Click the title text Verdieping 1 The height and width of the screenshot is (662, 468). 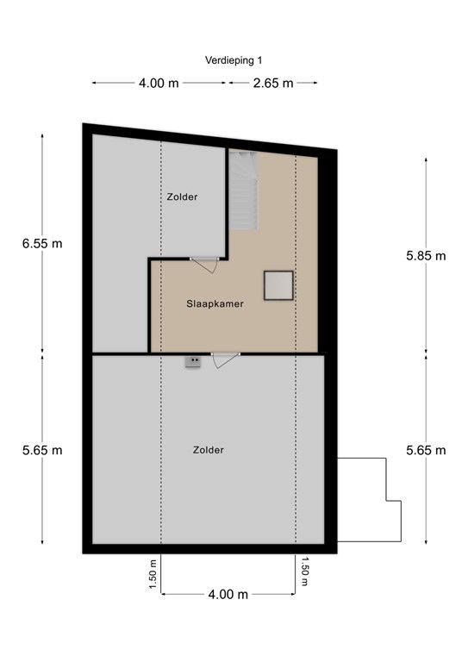point(234,60)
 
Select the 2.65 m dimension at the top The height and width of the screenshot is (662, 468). point(273,83)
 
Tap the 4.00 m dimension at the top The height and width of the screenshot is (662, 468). point(159,83)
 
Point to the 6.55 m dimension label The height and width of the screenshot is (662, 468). point(42,243)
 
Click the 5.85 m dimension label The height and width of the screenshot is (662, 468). point(426,255)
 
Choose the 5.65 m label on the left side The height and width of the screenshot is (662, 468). point(42,450)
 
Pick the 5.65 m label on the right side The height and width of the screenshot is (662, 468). point(426,450)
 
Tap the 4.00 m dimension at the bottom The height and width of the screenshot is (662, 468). point(228,594)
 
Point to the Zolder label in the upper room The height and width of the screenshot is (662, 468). point(182,197)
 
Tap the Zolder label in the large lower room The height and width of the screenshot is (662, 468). point(209,450)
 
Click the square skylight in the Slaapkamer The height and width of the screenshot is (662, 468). point(279,284)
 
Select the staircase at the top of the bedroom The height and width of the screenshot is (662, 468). point(243,190)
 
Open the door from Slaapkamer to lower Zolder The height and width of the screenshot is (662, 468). point(226,357)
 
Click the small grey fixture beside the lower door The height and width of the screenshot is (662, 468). point(192,362)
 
